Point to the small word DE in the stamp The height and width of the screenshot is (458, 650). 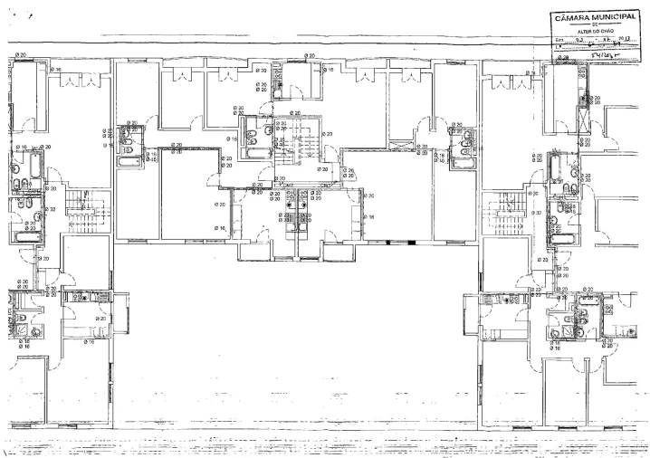(x=596, y=24)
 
